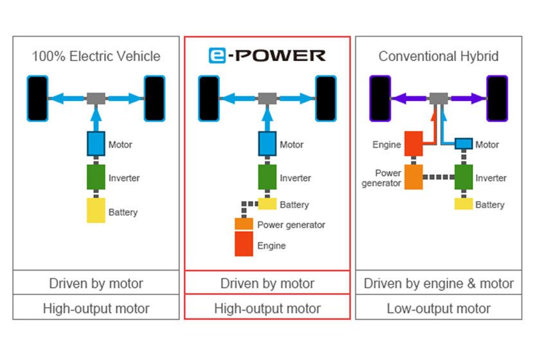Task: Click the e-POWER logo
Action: (267, 56)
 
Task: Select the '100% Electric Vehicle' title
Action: (96, 56)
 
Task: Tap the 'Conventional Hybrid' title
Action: (438, 56)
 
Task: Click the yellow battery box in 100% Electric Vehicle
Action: (96, 210)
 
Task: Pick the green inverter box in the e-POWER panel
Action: (267, 177)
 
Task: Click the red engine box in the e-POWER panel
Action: (244, 245)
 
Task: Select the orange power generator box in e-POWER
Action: (244, 224)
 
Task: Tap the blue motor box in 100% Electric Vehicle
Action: (96, 143)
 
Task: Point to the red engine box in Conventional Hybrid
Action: (413, 145)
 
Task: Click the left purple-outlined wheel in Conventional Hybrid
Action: (380, 98)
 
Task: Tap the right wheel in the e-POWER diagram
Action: (325, 98)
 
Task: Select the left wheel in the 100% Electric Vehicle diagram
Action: (38, 98)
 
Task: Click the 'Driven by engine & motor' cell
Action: (438, 283)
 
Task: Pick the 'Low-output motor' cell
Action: (438, 308)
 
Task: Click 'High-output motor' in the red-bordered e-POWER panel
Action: (267, 308)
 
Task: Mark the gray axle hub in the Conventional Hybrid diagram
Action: (439, 98)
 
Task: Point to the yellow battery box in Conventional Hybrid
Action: (464, 204)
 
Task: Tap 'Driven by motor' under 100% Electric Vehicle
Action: (96, 283)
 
